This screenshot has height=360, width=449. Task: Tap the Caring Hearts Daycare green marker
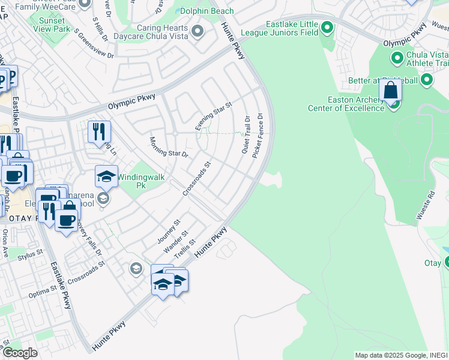(197, 30)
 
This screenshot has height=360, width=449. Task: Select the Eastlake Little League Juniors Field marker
(327, 27)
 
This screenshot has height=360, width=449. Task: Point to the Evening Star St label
(213, 116)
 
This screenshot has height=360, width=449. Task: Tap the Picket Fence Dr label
(258, 136)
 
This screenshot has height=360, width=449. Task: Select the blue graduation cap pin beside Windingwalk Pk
(106, 176)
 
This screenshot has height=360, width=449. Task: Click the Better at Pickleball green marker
(427, 80)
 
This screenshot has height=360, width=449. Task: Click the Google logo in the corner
(20, 353)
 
